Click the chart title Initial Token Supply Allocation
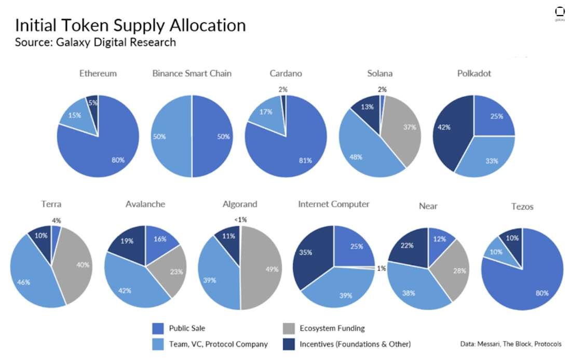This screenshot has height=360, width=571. click(130, 25)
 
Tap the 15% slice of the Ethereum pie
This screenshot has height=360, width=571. click(75, 115)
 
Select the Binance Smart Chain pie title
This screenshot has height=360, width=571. click(192, 73)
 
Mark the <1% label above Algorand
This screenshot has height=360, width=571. click(240, 220)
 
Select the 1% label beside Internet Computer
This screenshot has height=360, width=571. click(382, 269)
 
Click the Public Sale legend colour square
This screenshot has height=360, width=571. click(158, 328)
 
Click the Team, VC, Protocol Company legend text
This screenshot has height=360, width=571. click(218, 344)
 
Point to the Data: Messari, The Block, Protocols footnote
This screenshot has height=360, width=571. click(511, 344)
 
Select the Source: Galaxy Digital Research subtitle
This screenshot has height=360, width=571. click(95, 42)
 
